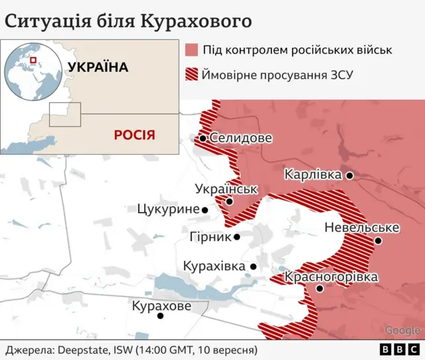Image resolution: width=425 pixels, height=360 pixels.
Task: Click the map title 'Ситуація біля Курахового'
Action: pyautogui.click(x=128, y=20)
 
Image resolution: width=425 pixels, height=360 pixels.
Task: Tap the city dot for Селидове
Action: pyautogui.click(x=203, y=139)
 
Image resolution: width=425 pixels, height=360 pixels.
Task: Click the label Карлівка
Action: pyautogui.click(x=313, y=175)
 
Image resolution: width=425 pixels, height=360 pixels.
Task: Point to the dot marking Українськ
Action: pyautogui.click(x=229, y=201)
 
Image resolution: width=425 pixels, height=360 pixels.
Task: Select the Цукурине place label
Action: pyautogui.click(x=168, y=209)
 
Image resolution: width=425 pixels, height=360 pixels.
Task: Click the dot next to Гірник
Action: pyautogui.click(x=236, y=236)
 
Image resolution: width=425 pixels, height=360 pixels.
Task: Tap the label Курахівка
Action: pyautogui.click(x=214, y=266)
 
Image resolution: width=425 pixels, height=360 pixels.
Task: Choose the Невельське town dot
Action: pyautogui.click(x=378, y=240)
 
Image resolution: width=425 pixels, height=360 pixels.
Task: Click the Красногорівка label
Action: pyautogui.click(x=331, y=277)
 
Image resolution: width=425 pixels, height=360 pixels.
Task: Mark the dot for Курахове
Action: pyautogui.click(x=160, y=315)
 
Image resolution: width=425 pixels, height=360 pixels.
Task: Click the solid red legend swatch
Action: pyautogui.click(x=192, y=50)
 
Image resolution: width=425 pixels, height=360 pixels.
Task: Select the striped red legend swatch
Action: pyautogui.click(x=192, y=74)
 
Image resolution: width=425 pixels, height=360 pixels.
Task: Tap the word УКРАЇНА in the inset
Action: pyautogui.click(x=98, y=67)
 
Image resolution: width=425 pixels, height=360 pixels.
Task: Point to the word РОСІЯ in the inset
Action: pyautogui.click(x=134, y=135)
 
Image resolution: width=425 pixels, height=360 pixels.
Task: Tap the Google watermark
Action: pyautogui.click(x=402, y=330)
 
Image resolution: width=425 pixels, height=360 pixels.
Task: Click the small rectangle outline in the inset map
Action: pyautogui.click(x=65, y=114)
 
